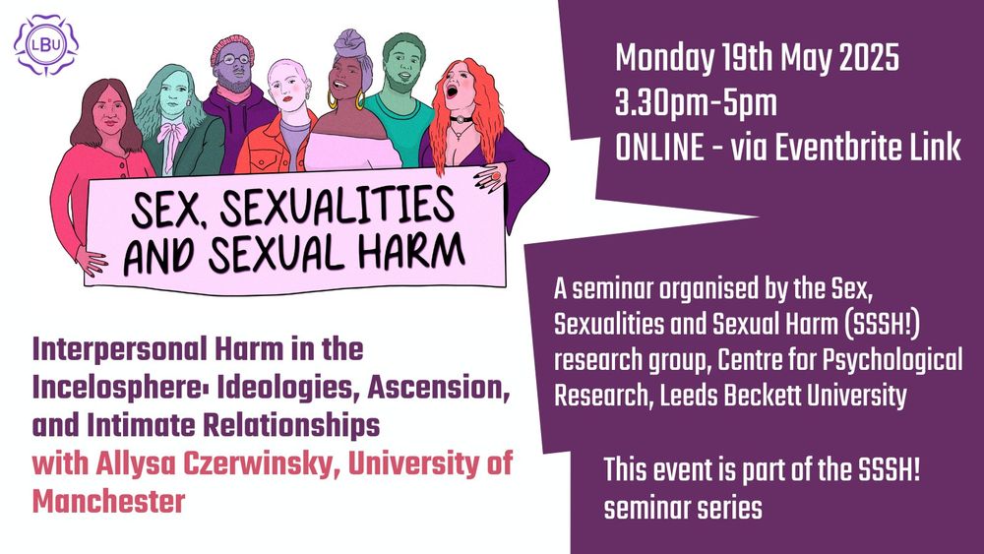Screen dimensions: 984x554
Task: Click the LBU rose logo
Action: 46,45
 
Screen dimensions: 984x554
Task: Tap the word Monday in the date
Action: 664,58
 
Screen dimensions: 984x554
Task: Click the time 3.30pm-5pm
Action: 696,103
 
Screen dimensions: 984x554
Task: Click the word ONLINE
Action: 659,148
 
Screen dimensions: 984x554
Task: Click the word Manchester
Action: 108,502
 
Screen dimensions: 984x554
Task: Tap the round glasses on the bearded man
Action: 236,60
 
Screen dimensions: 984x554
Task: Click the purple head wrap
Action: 352,49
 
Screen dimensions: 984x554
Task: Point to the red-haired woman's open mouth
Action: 452,92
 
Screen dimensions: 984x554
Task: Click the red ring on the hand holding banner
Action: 496,176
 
